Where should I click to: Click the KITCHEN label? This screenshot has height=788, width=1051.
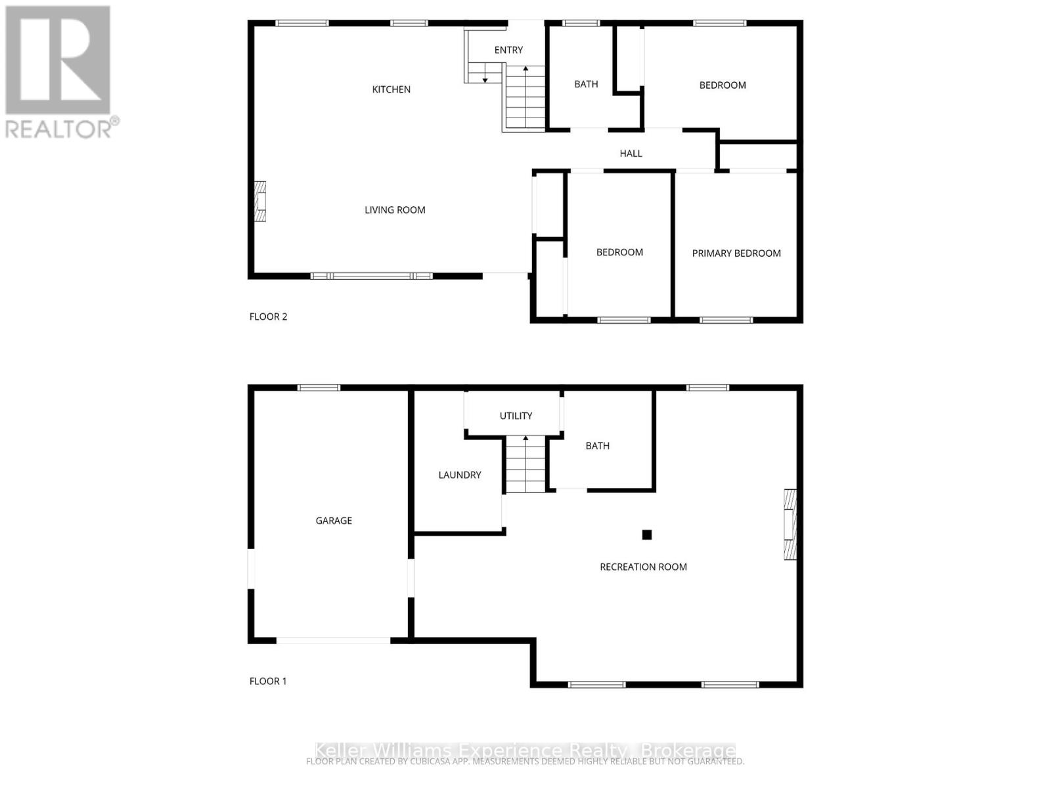[x=391, y=89]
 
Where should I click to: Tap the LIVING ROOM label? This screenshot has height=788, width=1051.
[x=395, y=210]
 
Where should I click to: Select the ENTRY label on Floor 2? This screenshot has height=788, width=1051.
[x=508, y=50]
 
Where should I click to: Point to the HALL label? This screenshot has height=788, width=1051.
[x=631, y=154]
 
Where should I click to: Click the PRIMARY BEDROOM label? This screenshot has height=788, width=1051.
[x=736, y=253]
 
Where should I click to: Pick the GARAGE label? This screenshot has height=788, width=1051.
[x=334, y=521]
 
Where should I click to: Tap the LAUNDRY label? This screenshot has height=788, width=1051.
[x=460, y=475]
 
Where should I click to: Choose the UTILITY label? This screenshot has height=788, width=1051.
[x=516, y=416]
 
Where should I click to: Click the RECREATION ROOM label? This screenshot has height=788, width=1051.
[x=643, y=567]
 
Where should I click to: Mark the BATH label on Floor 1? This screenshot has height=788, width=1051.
[x=597, y=446]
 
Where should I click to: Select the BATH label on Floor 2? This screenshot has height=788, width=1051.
[x=586, y=84]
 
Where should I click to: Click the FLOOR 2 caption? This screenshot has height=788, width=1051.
[x=268, y=317]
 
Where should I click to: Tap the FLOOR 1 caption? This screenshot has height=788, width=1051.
[x=268, y=681]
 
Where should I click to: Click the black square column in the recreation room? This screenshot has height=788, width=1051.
[x=647, y=535]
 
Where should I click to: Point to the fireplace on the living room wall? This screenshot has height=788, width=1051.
[x=261, y=202]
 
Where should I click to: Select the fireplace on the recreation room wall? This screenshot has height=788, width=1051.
[x=790, y=524]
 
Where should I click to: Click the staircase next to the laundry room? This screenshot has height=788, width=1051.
[x=525, y=464]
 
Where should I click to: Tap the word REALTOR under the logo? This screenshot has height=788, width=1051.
[x=58, y=129]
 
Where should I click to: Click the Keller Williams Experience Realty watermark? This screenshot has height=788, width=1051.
[x=525, y=751]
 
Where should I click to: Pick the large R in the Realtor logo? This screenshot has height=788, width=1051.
[x=58, y=60]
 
